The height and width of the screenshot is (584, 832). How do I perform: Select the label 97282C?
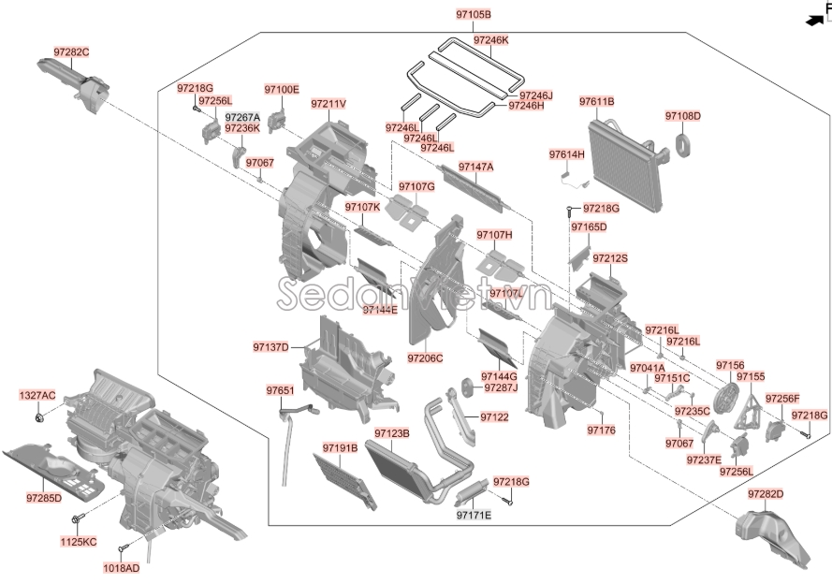click(72, 51)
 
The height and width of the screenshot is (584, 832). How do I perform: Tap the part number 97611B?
click(596, 101)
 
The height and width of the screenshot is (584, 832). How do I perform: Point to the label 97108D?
click(683, 116)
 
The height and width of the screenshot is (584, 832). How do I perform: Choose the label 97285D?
click(44, 497)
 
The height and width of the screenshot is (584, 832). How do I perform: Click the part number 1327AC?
click(37, 396)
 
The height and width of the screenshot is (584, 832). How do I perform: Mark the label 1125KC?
click(78, 542)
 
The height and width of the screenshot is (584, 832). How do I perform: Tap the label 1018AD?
click(121, 567)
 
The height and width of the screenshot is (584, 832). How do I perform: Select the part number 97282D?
click(766, 493)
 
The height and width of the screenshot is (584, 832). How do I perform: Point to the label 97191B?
click(341, 448)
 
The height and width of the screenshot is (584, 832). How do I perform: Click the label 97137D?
click(270, 347)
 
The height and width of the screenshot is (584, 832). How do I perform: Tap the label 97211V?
click(328, 104)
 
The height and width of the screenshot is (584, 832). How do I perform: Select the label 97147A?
click(475, 167)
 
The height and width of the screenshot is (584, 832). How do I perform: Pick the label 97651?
click(279, 390)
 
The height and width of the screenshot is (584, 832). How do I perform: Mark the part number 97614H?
click(566, 153)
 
